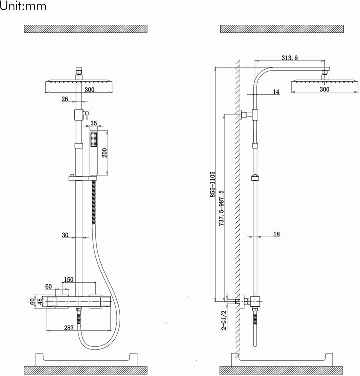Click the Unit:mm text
click(x=23, y=6)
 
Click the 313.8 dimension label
click(x=290, y=58)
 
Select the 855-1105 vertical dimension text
click(x=212, y=184)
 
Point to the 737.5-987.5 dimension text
click(x=221, y=208)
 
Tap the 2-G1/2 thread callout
click(x=224, y=320)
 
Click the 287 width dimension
click(x=69, y=328)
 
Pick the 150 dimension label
click(x=68, y=280)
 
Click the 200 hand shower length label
click(x=105, y=153)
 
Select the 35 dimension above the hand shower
click(x=94, y=123)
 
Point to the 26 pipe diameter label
click(x=65, y=99)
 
